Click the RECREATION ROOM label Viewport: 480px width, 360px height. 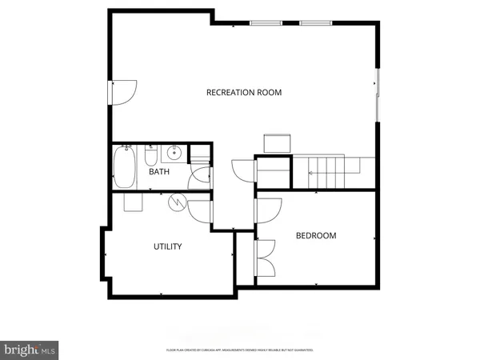tap(244, 93)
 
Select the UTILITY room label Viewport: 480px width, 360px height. tap(167, 246)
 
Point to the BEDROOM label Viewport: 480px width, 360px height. tap(316, 235)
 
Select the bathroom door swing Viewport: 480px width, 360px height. tap(199, 178)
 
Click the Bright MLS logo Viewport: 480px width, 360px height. tap(30, 350)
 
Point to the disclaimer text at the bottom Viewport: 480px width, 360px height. tap(239, 350)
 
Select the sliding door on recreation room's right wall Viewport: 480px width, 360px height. tap(378, 97)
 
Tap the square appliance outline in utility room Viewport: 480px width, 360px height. tap(133, 202)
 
